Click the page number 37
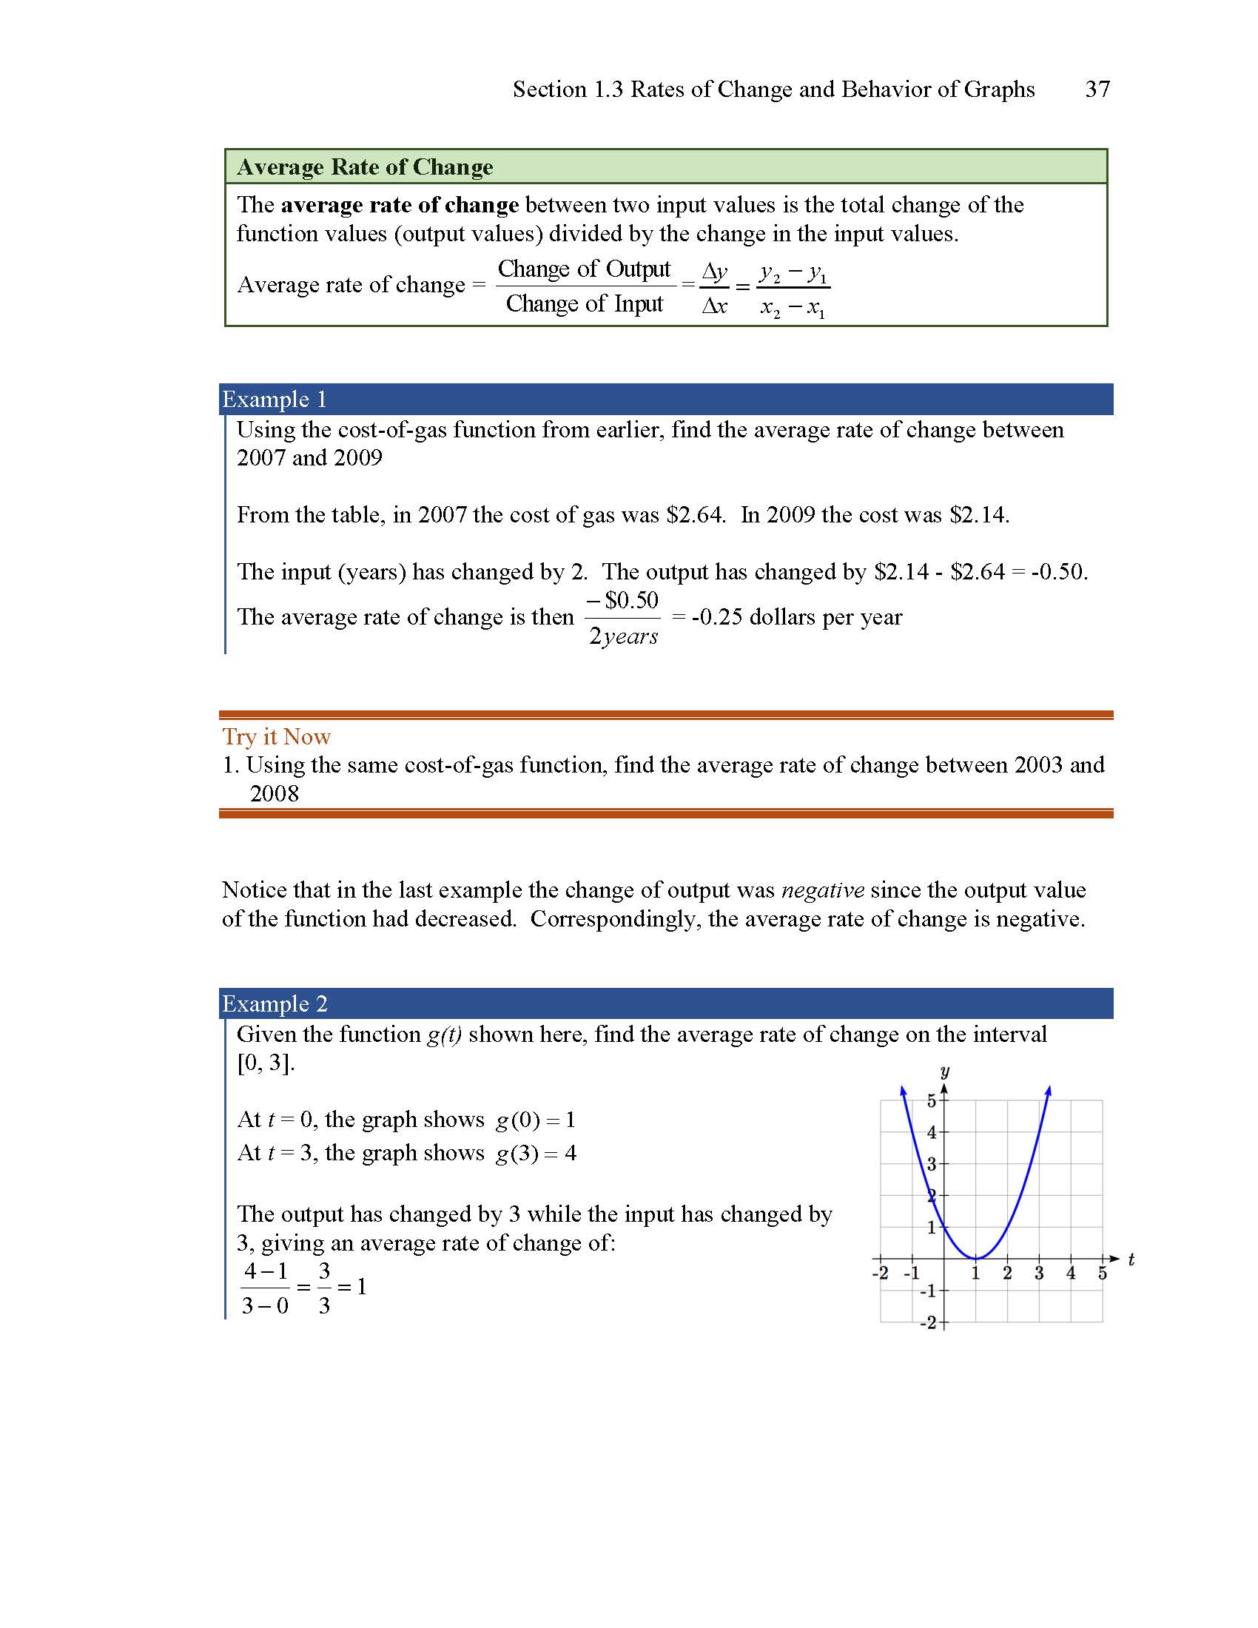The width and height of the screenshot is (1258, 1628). pos(1097,90)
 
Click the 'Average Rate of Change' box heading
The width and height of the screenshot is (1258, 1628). pos(364,167)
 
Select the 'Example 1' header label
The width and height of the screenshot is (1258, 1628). pos(275,400)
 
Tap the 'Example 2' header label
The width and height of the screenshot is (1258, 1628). pos(275,1003)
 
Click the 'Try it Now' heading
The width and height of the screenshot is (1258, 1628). pos(277,736)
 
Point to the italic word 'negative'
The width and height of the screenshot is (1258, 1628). pos(822,890)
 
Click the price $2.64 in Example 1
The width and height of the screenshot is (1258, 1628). pos(695,515)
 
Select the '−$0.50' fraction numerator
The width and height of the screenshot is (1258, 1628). pos(622,600)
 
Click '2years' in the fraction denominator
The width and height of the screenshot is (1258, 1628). pos(623,636)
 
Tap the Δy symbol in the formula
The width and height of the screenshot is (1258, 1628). pos(714,272)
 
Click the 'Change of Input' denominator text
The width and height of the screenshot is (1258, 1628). pos(585,304)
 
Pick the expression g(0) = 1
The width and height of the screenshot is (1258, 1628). pos(535,1120)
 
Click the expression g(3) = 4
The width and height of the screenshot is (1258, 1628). pos(535,1153)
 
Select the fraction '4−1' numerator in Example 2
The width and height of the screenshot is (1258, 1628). pos(266,1270)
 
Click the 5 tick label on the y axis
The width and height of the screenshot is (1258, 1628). pos(932,1100)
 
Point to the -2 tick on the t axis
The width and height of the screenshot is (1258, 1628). pos(879,1273)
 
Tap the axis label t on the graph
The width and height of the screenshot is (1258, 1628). pos(1131,1259)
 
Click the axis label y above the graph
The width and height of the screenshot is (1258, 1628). pos(944,1072)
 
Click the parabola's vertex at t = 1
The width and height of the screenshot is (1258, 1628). pos(975,1258)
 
